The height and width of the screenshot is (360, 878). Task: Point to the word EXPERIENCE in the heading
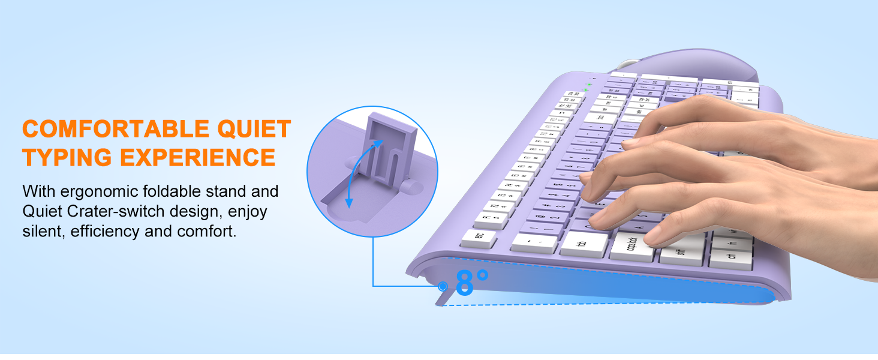click(x=197, y=157)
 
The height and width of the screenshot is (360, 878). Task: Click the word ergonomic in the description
click(x=103, y=192)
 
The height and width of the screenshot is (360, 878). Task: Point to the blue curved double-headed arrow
click(x=359, y=174)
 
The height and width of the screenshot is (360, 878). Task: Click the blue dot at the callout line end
click(x=444, y=286)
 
